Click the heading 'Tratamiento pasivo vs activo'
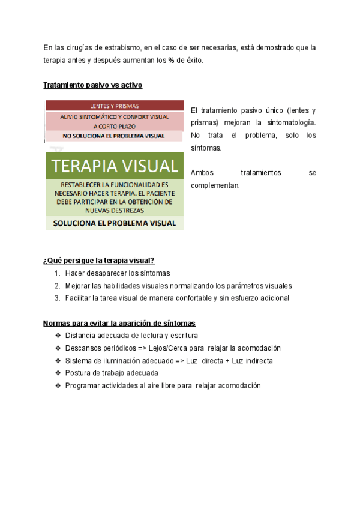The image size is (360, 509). click(92, 85)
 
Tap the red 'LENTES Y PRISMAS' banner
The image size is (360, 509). click(114, 104)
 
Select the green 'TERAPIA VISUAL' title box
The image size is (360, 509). click(114, 166)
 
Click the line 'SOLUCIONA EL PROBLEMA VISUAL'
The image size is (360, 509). click(114, 223)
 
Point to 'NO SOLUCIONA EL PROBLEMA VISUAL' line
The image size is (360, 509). click(114, 136)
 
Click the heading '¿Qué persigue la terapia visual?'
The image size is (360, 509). click(99, 260)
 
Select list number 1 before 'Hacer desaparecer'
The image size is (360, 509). click(57, 273)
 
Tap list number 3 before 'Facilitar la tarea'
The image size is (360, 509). click(57, 298)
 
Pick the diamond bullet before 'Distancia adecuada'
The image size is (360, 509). click(57, 336)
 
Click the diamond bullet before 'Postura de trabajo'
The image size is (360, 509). click(57, 373)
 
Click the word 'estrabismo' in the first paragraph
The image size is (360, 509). click(122, 47)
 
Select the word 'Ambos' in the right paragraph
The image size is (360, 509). click(202, 173)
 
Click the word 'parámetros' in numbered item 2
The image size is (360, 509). click(239, 286)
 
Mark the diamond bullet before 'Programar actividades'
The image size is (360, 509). click(57, 386)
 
